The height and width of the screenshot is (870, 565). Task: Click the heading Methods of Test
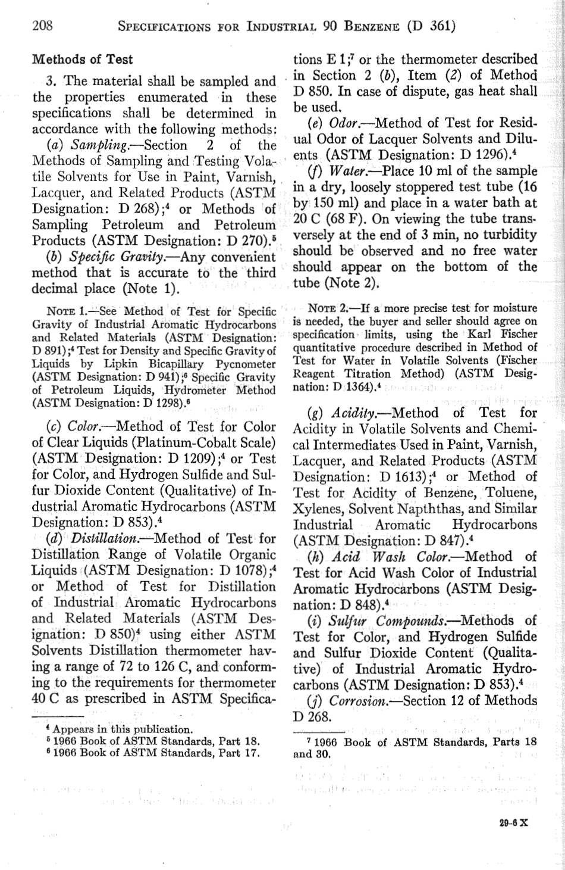(82, 60)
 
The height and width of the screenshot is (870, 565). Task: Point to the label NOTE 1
(66, 311)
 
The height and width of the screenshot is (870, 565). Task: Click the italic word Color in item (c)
(86, 427)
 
